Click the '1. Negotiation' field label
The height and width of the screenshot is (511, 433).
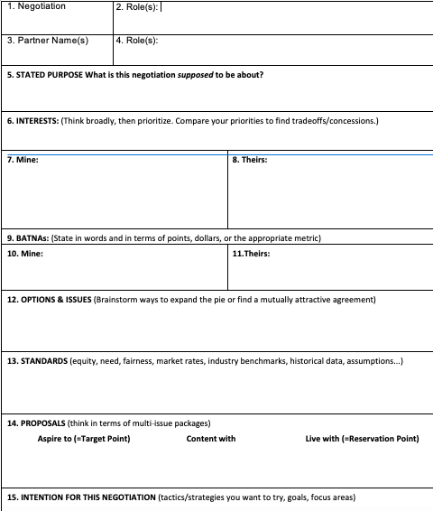point(36,6)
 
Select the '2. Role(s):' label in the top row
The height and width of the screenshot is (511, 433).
point(139,6)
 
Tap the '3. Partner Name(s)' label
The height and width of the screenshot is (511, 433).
point(47,40)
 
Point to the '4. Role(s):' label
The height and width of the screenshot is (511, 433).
point(139,40)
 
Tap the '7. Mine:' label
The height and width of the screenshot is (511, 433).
point(23,160)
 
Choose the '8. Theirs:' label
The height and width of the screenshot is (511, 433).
point(250,160)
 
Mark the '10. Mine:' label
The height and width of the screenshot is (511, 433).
point(25,254)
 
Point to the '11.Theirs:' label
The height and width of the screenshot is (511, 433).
point(252,254)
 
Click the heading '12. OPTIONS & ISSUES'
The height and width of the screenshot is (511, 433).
point(49,299)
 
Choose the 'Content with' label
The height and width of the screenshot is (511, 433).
point(211,439)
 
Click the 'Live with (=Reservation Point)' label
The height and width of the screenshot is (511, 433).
point(363,439)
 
